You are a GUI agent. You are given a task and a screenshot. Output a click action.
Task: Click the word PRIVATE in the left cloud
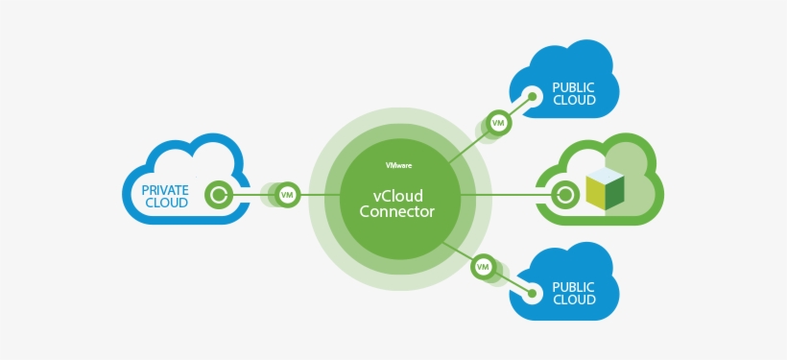164,189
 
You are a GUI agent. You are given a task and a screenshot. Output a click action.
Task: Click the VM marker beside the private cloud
286,195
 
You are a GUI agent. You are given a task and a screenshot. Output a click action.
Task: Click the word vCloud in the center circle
396,194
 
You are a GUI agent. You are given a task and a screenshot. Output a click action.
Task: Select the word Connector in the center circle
396,211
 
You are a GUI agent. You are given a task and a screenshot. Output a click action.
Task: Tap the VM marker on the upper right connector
498,123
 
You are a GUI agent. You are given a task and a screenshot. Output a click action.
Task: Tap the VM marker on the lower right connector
484,266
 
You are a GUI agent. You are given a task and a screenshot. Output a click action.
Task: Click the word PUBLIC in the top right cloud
574,86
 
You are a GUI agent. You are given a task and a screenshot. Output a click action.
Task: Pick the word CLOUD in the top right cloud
574,100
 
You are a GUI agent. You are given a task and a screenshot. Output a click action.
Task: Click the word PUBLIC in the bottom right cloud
574,286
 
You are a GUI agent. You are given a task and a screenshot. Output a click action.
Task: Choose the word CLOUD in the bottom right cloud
574,300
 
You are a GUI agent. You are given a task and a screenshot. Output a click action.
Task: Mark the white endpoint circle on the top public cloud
531,96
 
